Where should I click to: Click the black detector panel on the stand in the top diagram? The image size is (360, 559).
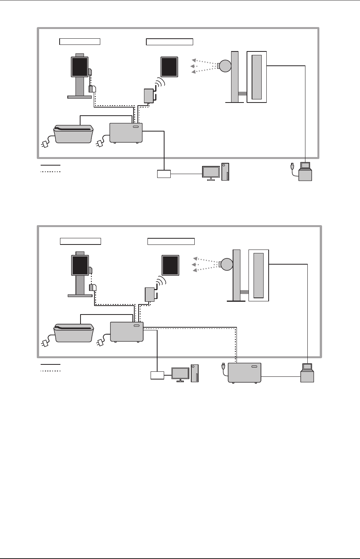[79, 67]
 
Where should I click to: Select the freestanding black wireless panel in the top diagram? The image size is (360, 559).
[170, 67]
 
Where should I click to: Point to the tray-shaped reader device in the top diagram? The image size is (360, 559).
[74, 133]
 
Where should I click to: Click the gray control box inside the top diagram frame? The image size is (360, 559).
[126, 133]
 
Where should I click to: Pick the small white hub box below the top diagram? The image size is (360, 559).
[164, 174]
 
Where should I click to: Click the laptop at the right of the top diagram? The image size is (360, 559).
[305, 171]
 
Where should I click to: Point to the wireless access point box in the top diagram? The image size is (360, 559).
[149, 96]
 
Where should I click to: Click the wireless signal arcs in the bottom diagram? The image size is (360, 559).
[160, 282]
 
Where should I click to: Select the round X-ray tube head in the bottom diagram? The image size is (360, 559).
[226, 264]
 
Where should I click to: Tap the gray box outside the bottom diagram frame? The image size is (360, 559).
[244, 373]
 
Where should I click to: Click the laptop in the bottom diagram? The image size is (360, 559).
[307, 373]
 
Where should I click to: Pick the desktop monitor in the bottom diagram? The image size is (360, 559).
[180, 374]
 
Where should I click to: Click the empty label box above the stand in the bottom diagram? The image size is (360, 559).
[81, 241]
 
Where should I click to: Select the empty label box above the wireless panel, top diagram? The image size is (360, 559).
[170, 42]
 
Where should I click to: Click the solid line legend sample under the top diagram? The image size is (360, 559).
[50, 165]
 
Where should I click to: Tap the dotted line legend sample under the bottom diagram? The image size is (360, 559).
[50, 371]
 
